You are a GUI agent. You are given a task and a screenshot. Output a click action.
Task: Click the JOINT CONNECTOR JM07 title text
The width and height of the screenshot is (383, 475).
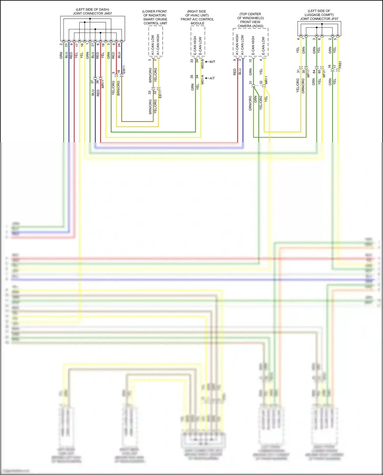(x=92, y=13)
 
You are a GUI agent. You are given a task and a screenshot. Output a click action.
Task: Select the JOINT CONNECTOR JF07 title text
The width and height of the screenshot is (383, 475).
(x=319, y=19)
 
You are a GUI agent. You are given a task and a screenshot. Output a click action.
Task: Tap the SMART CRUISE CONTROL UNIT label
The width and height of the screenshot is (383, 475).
(x=155, y=21)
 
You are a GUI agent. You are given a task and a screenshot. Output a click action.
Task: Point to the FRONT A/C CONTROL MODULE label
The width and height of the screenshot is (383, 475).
(x=197, y=21)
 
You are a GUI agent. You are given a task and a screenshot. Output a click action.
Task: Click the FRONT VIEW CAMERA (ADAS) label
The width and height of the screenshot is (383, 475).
(x=250, y=24)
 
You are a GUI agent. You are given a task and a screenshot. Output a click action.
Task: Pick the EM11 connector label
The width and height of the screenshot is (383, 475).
(x=124, y=70)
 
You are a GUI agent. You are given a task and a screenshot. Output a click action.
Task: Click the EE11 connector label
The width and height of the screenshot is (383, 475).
(x=160, y=94)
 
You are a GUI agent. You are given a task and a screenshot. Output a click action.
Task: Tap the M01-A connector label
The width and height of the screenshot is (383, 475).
(x=202, y=79)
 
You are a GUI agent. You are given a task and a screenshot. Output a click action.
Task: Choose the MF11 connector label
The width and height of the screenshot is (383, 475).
(x=308, y=73)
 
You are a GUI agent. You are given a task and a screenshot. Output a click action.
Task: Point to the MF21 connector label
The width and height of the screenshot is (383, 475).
(x=324, y=73)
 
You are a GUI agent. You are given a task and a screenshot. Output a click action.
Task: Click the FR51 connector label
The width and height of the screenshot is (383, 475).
(x=340, y=65)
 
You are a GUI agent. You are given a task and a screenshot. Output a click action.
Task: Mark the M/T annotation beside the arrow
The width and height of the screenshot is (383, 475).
(x=212, y=62)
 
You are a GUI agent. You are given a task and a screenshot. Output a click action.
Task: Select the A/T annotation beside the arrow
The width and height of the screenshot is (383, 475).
(x=212, y=78)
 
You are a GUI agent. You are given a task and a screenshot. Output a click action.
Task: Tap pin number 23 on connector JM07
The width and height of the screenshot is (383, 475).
(x=66, y=45)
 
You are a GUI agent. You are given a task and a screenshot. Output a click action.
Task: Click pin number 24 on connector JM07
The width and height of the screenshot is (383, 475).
(x=119, y=45)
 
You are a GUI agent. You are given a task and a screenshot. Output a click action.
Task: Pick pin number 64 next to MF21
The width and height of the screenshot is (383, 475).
(x=314, y=72)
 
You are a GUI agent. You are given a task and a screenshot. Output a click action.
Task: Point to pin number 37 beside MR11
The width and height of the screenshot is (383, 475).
(x=92, y=82)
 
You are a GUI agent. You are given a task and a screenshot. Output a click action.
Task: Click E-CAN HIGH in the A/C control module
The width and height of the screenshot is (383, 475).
(x=195, y=45)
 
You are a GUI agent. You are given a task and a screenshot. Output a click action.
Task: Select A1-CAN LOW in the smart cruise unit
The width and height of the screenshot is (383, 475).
(x=153, y=45)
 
